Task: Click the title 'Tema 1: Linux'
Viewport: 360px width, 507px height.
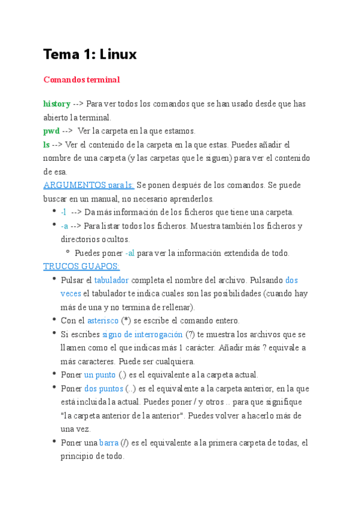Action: [90, 54]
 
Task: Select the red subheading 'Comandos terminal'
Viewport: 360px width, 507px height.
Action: [81, 80]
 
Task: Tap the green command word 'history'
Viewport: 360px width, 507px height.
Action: [57, 104]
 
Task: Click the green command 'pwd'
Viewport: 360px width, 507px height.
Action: [51, 131]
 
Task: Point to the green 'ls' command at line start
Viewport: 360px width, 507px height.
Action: [46, 145]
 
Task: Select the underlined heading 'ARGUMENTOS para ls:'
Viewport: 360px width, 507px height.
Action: [89, 185]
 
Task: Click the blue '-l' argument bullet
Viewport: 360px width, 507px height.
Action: [63, 212]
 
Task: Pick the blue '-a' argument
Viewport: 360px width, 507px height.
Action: [64, 226]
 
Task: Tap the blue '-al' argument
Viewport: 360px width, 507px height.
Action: [130, 253]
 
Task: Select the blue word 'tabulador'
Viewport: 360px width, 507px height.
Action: [112, 280]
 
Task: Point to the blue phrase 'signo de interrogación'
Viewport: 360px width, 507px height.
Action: [143, 334]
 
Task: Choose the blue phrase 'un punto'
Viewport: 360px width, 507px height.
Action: [99, 375]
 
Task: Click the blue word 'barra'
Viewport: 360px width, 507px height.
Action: [109, 443]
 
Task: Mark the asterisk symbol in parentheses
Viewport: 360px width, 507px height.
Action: [126, 321]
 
